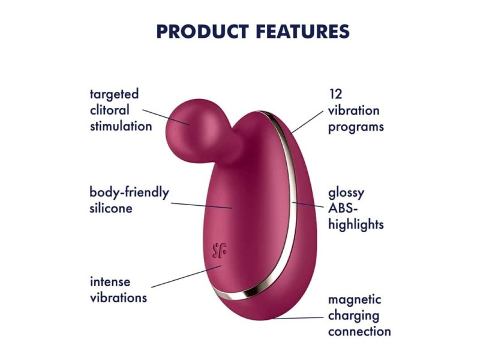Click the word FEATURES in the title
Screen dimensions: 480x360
pos(303,31)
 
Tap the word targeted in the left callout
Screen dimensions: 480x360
pos(114,95)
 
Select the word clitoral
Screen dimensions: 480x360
pos(110,110)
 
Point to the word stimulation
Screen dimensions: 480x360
pos(121,126)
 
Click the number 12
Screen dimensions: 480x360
pos(335,94)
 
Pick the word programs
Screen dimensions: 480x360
pos(356,127)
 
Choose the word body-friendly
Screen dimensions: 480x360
pos(129,193)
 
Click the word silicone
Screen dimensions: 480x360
pos(111,208)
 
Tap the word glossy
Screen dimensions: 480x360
pos(346,193)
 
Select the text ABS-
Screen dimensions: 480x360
pos(343,208)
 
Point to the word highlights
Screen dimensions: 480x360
pos(356,224)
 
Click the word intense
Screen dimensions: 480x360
pos(110,281)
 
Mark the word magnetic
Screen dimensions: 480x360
pos(355,300)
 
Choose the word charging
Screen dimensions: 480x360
pos(353,316)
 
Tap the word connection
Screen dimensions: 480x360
pos(359,332)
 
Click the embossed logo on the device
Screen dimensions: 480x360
pos(220,251)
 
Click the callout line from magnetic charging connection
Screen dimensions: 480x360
pos(298,318)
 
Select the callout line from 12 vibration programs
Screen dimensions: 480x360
pos(307,122)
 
